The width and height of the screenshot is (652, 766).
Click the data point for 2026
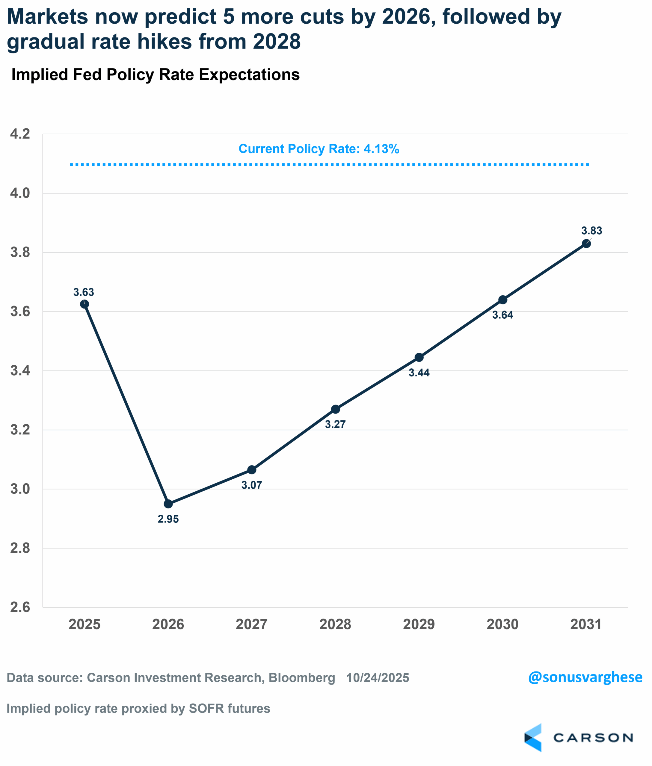click(168, 504)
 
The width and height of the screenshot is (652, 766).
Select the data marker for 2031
click(586, 244)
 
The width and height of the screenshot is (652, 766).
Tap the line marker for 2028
click(335, 409)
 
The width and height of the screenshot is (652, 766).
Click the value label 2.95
click(168, 519)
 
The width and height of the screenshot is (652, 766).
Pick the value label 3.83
click(591, 231)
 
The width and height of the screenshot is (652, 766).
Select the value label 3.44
click(419, 373)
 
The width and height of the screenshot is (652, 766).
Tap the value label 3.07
click(252, 485)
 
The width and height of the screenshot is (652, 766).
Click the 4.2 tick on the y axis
click(20, 134)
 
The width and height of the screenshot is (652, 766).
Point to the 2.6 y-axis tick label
click(20, 607)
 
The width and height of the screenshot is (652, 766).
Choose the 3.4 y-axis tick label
click(20, 371)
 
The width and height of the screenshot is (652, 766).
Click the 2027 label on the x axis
click(252, 624)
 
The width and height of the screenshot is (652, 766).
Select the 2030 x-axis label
click(502, 624)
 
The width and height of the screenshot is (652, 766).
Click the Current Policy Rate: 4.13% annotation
click(319, 149)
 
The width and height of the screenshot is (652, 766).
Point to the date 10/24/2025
click(377, 678)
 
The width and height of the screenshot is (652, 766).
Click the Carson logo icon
click(533, 738)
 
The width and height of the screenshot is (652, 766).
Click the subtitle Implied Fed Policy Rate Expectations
click(155, 75)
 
